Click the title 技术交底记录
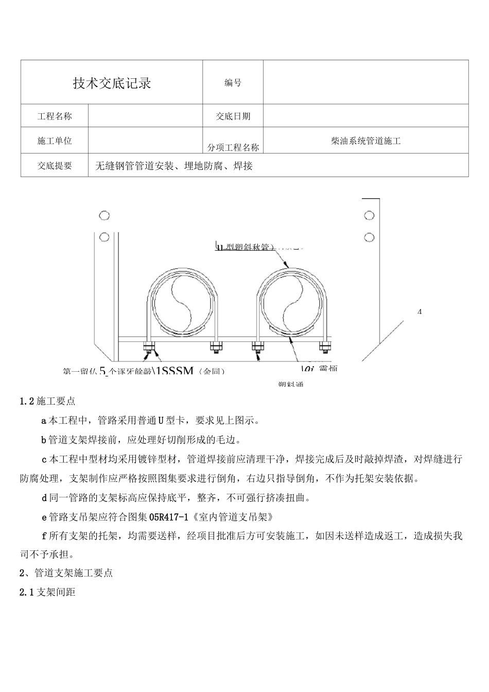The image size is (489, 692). [112, 83]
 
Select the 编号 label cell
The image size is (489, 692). [233, 83]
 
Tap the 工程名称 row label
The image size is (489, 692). [55, 116]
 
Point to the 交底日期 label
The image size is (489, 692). [233, 116]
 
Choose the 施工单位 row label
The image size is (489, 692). [55, 141]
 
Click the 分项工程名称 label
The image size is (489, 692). [233, 147]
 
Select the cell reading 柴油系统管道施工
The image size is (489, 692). [365, 141]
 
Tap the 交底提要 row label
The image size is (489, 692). [55, 166]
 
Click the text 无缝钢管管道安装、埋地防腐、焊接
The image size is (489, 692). [174, 166]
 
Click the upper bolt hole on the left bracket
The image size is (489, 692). [104, 215]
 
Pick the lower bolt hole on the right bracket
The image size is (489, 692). [369, 237]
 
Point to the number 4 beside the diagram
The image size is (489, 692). [420, 312]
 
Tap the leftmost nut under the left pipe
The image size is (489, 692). [148, 347]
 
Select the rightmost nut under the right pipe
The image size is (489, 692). [325, 347]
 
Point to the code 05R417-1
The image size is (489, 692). [171, 516]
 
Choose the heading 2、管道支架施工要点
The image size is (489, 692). [66, 573]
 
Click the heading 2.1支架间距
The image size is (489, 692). [47, 592]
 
